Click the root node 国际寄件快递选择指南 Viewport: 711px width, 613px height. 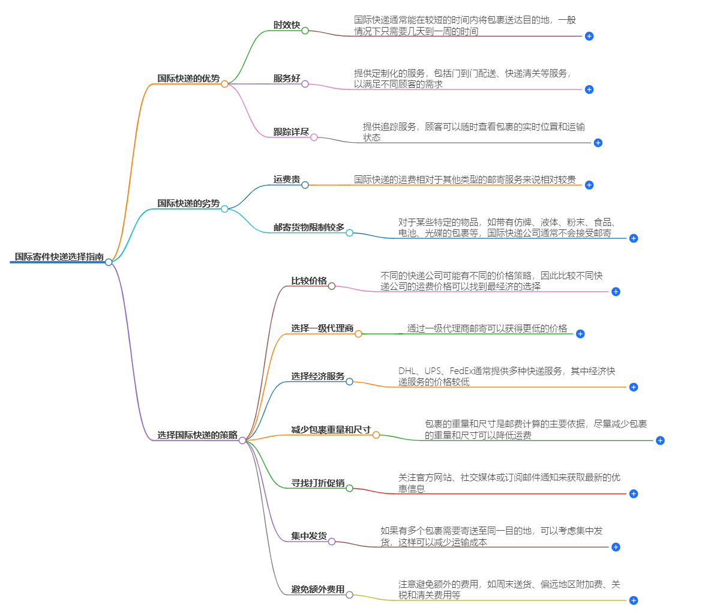click(x=59, y=257)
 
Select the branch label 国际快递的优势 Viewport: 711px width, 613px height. click(x=188, y=79)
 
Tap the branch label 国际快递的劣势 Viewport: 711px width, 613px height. click(x=188, y=204)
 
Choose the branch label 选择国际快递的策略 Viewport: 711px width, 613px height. click(x=197, y=435)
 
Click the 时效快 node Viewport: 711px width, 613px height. click(x=286, y=25)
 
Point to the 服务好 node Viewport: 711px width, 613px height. click(x=286, y=79)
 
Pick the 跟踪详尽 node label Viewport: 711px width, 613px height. click(x=291, y=132)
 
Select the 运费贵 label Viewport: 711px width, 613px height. click(x=286, y=180)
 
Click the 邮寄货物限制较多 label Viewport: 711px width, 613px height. click(x=309, y=228)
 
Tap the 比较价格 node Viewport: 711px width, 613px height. click(x=309, y=281)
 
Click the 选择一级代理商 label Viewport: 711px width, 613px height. click(x=322, y=328)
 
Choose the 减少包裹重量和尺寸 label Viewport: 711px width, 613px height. click(x=331, y=430)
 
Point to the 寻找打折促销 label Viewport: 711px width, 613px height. click(x=318, y=483)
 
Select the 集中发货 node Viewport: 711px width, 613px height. click(x=309, y=536)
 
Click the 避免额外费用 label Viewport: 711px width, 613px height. click(x=318, y=590)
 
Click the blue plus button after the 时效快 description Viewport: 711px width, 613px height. click(x=589, y=36)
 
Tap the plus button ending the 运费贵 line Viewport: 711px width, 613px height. click(x=589, y=185)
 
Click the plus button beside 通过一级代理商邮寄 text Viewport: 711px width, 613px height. click(x=580, y=334)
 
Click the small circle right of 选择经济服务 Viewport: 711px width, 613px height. click(x=349, y=382)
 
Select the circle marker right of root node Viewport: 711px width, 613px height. click(x=109, y=262)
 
